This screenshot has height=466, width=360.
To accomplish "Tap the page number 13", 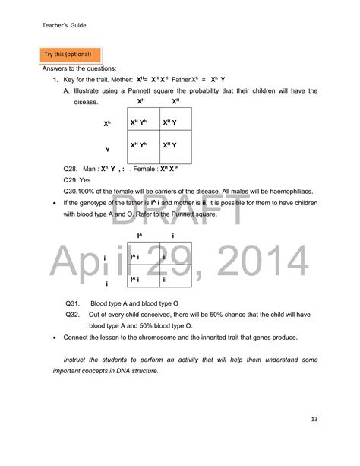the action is [314, 419].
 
